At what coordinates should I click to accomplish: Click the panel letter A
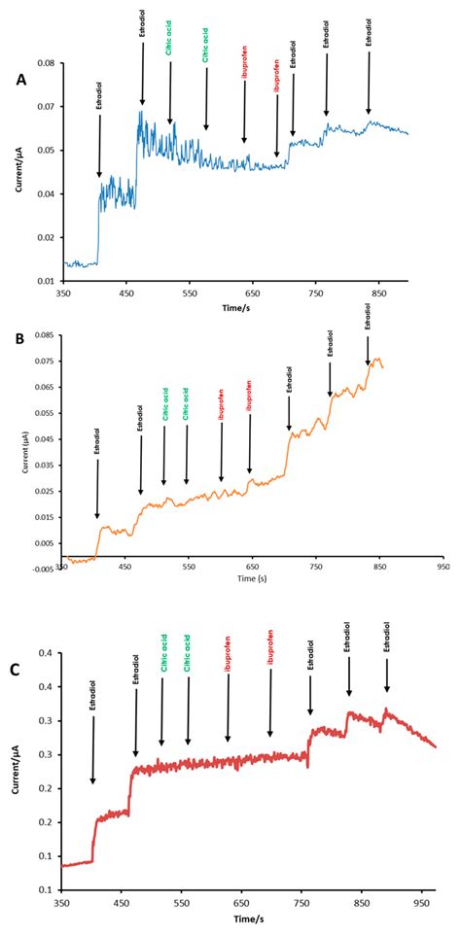19,82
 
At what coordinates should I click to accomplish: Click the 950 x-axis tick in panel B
443,565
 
